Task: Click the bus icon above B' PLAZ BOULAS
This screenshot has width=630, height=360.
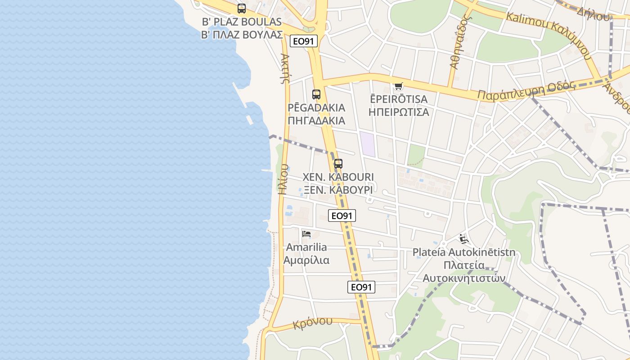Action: pyautogui.click(x=242, y=9)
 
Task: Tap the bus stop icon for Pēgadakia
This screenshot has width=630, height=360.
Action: pyautogui.click(x=316, y=94)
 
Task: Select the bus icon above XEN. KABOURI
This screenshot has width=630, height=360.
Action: pyautogui.click(x=338, y=164)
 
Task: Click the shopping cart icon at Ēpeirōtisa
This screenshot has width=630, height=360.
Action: pyautogui.click(x=398, y=86)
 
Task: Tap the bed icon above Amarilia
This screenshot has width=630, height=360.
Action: pyautogui.click(x=306, y=234)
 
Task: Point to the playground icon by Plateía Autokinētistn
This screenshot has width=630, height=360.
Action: pyautogui.click(x=464, y=238)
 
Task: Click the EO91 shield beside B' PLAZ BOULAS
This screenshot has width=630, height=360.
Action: pyautogui.click(x=304, y=41)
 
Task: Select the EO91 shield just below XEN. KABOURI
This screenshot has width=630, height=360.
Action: pyautogui.click(x=342, y=216)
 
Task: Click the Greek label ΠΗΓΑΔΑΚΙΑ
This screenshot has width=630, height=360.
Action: pyautogui.click(x=316, y=121)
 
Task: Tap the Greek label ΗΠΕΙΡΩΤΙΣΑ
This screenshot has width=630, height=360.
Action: pyautogui.click(x=398, y=112)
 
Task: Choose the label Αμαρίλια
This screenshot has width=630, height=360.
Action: pyautogui.click(x=306, y=260)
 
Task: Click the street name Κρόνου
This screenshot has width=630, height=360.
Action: pyautogui.click(x=312, y=323)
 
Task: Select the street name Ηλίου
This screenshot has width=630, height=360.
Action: pyautogui.click(x=283, y=179)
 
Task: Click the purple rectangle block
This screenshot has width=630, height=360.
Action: pyautogui.click(x=368, y=144)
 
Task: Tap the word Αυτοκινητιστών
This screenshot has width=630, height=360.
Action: pyautogui.click(x=463, y=278)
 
